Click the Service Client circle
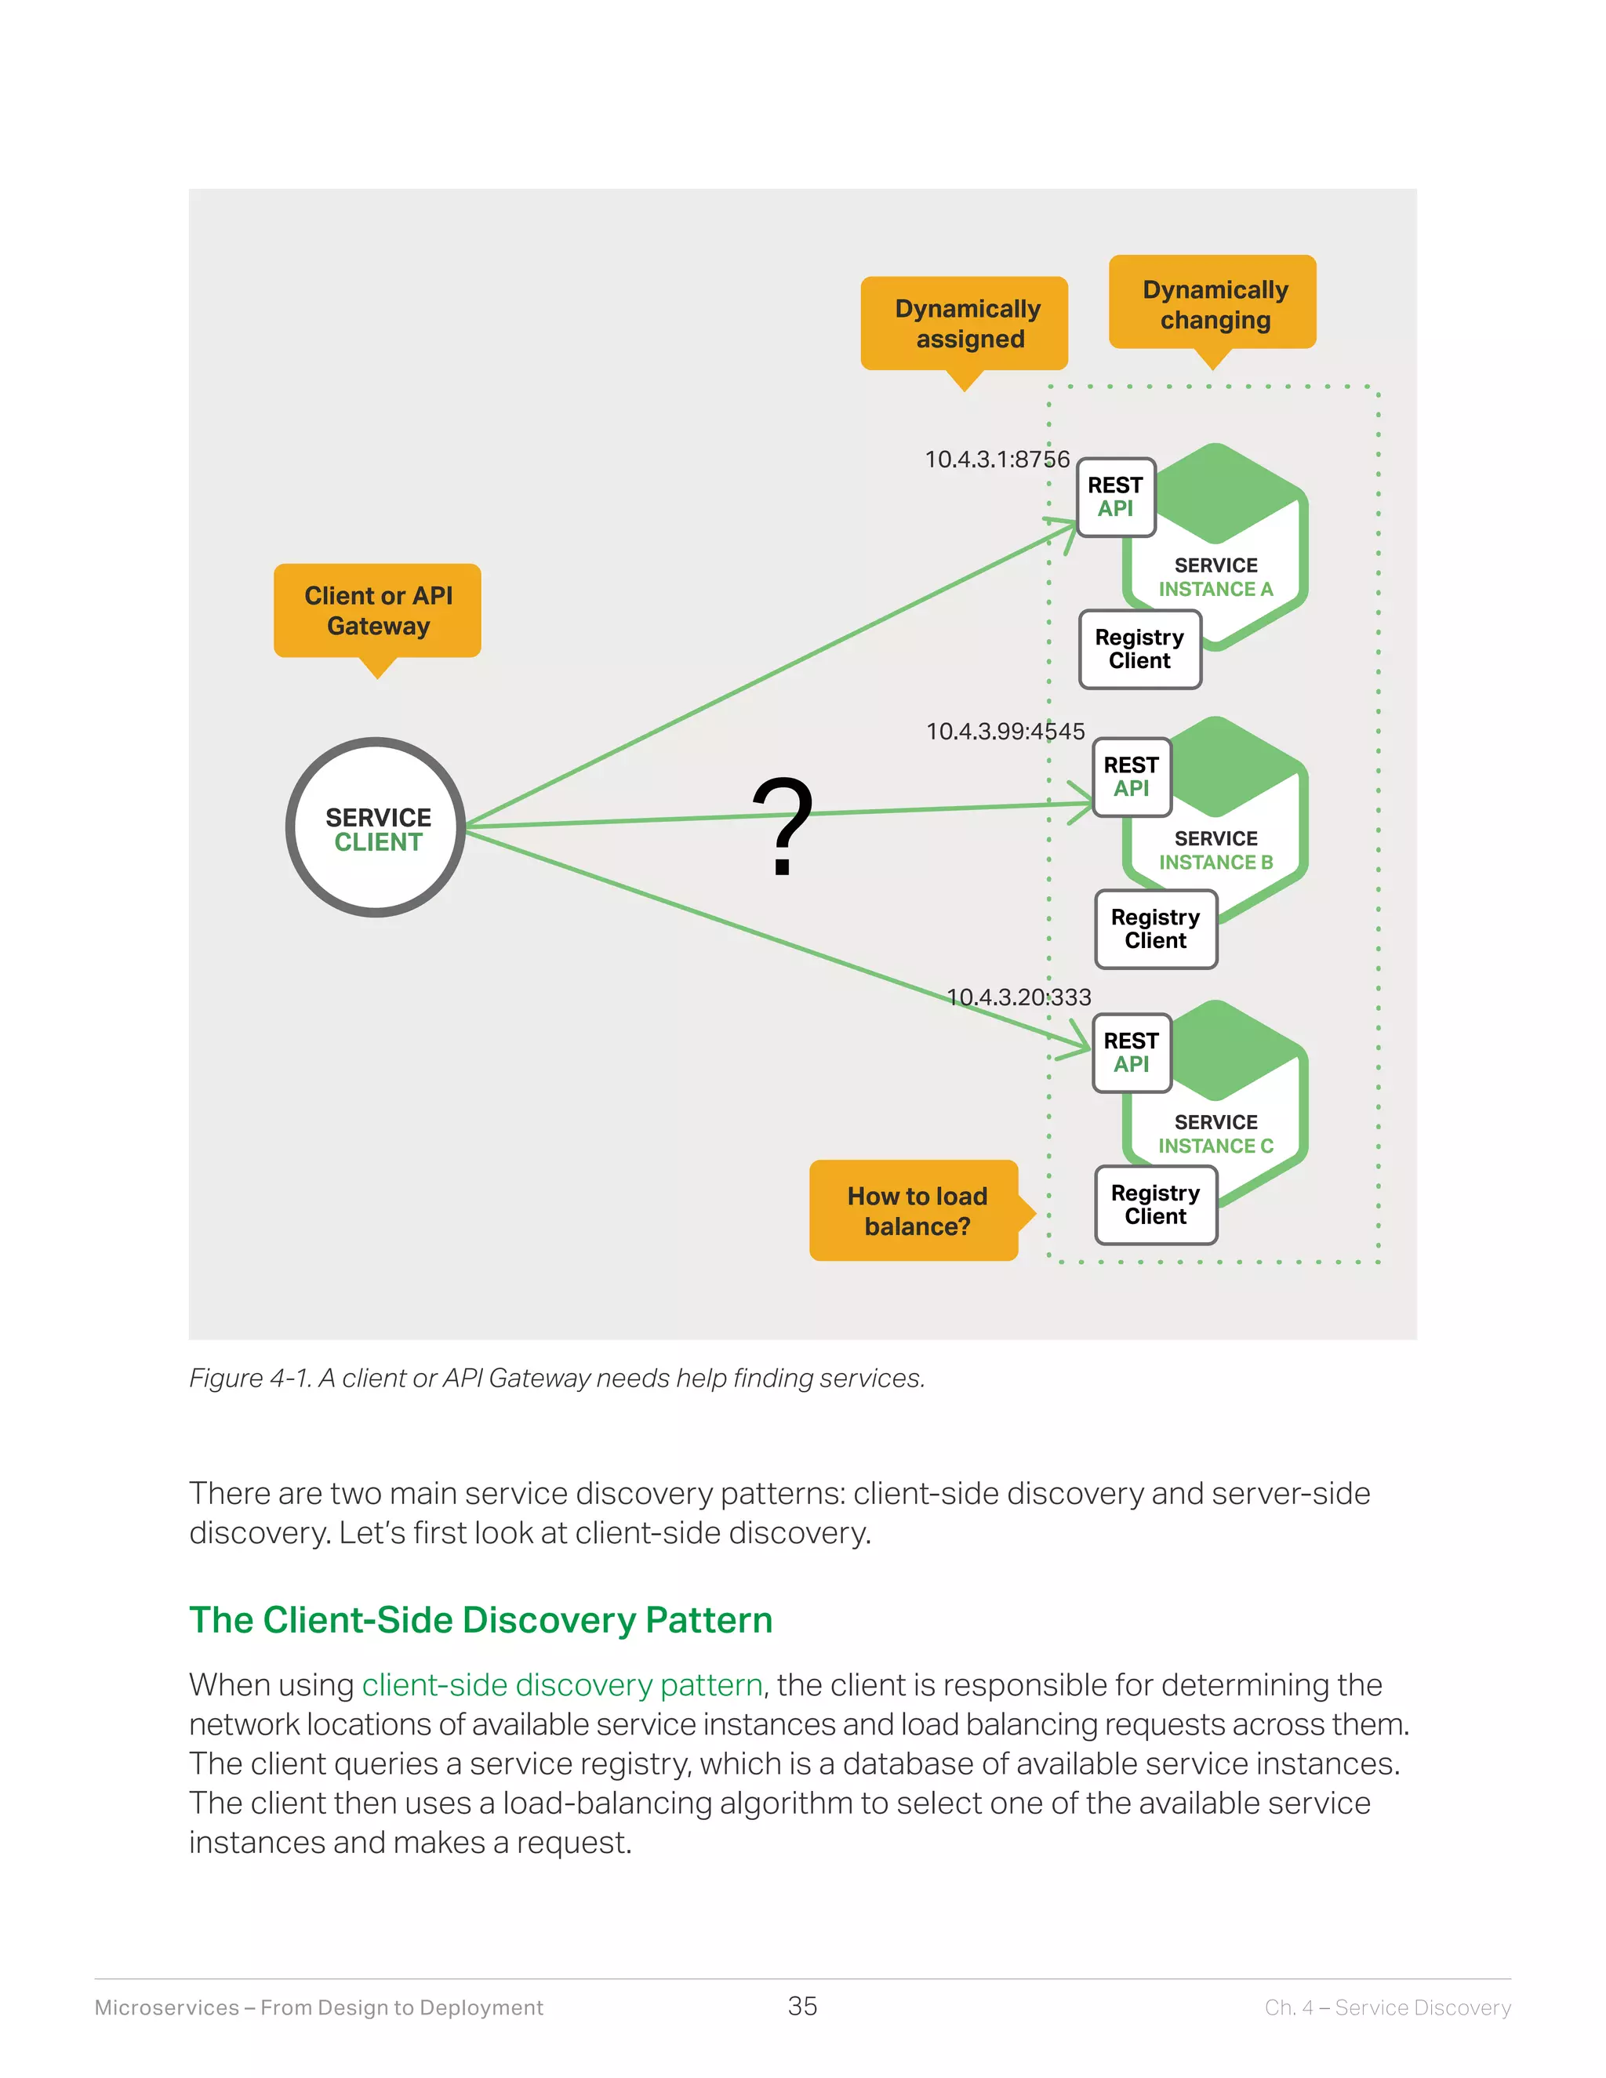pos(376,828)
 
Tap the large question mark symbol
pos(782,826)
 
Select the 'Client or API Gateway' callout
pos(378,611)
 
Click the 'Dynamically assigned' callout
pos(965,325)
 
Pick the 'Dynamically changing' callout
pos(1213,303)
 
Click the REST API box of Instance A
pos(1116,496)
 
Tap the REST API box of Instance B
pos(1132,776)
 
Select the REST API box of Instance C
pos(1132,1052)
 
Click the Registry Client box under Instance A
pos(1139,649)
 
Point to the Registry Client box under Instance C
pos(1155,1204)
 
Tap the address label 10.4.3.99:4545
pos(1005,732)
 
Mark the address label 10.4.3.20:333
pos(1018,997)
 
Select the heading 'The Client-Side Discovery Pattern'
pos(481,1620)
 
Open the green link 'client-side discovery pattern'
pos(562,1685)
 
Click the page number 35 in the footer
pos(802,2007)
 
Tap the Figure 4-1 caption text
pos(557,1378)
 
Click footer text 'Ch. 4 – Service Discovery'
pos(1387,2007)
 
